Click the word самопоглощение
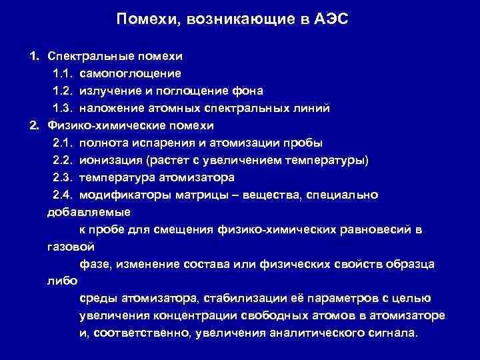pyautogui.click(x=130, y=73)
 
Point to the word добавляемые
pyautogui.click(x=89, y=212)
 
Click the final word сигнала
pyautogui.click(x=393, y=333)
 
